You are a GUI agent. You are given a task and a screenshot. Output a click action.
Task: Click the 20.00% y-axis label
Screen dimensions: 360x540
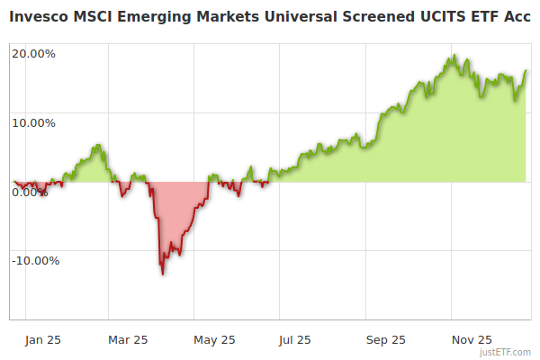click(x=33, y=53)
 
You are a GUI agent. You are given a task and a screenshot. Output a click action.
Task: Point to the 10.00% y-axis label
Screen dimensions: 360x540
click(x=33, y=122)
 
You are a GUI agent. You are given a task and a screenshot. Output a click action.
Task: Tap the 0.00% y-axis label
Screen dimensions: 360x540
click(x=30, y=192)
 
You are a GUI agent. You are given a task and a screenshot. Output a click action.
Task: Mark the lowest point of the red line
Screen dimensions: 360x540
click(x=163, y=274)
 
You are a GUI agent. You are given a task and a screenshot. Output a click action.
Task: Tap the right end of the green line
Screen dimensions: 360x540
click(x=526, y=71)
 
